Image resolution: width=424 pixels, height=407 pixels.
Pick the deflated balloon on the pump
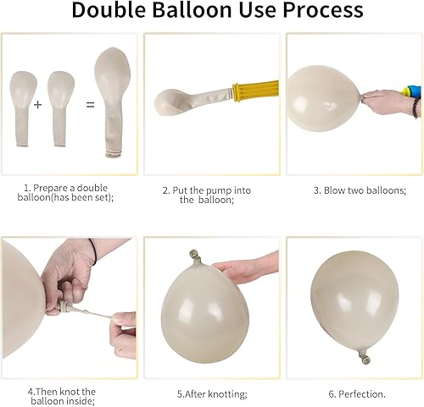click(187, 100)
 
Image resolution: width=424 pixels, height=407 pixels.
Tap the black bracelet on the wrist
click(416, 107)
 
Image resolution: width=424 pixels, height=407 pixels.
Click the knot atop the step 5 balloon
click(194, 254)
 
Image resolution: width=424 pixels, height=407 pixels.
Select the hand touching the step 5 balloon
click(246, 268)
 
